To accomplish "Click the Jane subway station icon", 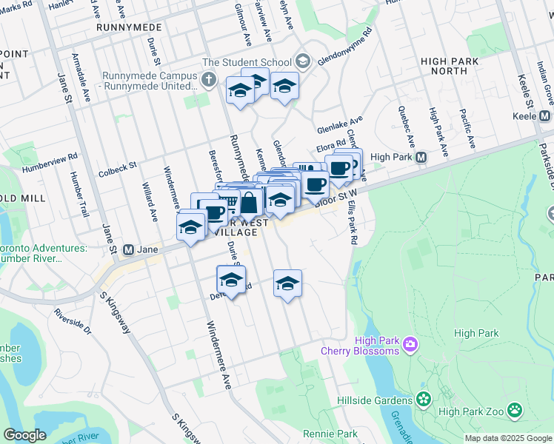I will tap(127, 250).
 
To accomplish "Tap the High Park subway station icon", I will tap(421, 158).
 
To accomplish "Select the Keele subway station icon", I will tap(545, 116).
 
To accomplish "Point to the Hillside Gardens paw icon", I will tap(424, 400).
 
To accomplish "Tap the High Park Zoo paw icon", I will tap(514, 410).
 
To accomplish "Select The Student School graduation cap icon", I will tap(302, 61).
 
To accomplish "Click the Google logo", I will tap(24, 435).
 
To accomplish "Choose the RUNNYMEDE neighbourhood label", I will tap(129, 27).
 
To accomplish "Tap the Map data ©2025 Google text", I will tap(507, 438).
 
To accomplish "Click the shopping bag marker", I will tap(249, 202).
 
